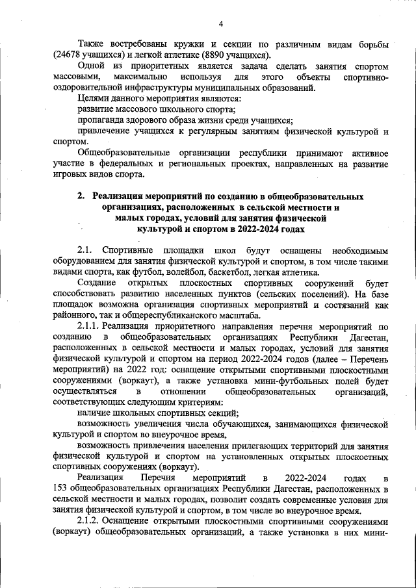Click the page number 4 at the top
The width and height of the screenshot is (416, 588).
pyautogui.click(x=220, y=24)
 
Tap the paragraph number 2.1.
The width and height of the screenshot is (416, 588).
pyautogui.click(x=86, y=251)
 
